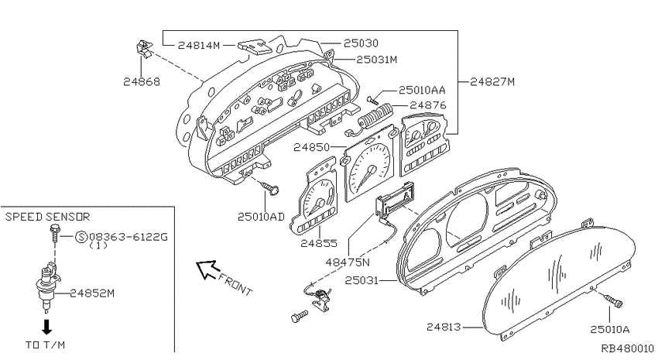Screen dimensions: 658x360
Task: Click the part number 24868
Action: click(142, 81)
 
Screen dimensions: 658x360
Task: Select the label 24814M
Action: click(199, 46)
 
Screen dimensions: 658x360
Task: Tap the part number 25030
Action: click(361, 43)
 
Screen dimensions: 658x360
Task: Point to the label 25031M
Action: click(376, 60)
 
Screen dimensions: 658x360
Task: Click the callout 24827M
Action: click(492, 81)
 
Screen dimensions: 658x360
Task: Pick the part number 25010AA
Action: click(422, 91)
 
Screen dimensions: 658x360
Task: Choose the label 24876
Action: click(428, 105)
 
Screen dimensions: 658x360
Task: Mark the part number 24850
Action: click(311, 147)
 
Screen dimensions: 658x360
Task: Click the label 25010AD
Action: click(261, 217)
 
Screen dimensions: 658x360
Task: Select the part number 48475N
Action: click(348, 262)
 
